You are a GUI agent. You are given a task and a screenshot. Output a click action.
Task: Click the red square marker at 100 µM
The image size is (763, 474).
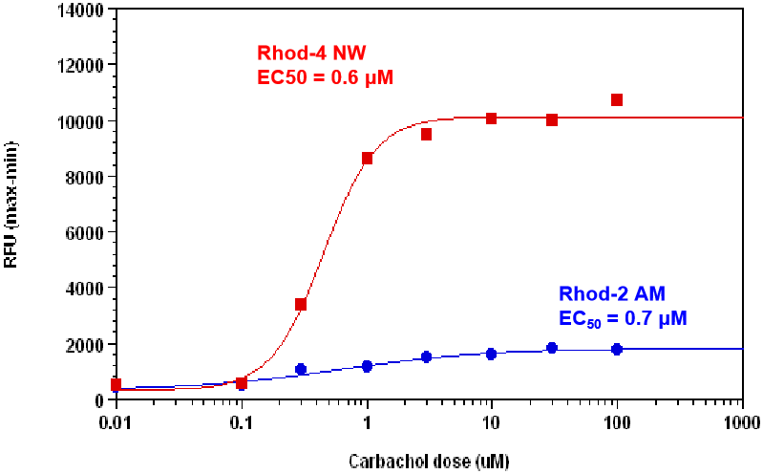click(617, 100)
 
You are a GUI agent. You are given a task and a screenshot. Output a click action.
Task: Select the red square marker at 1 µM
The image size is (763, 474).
click(367, 158)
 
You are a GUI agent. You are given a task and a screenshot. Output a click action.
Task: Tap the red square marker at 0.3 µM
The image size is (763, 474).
click(301, 305)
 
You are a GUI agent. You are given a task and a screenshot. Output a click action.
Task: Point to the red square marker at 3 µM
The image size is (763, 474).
click(426, 135)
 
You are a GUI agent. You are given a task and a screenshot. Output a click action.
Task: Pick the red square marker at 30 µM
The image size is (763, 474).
click(552, 119)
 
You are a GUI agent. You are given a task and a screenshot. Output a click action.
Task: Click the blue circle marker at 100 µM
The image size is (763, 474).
click(617, 349)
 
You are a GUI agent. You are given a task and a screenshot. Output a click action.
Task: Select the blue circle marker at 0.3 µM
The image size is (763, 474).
click(301, 369)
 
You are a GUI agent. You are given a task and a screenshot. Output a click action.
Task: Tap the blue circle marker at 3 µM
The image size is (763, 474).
click(426, 356)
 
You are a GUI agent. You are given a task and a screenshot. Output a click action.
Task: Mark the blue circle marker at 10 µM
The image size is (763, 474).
click(491, 354)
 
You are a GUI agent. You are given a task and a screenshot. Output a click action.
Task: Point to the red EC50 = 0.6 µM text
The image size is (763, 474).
click(326, 77)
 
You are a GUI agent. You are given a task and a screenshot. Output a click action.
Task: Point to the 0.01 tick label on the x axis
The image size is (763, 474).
click(117, 420)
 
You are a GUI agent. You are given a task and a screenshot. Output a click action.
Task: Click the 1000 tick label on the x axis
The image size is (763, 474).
click(741, 420)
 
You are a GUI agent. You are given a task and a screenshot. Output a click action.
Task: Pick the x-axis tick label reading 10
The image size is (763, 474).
click(491, 420)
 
